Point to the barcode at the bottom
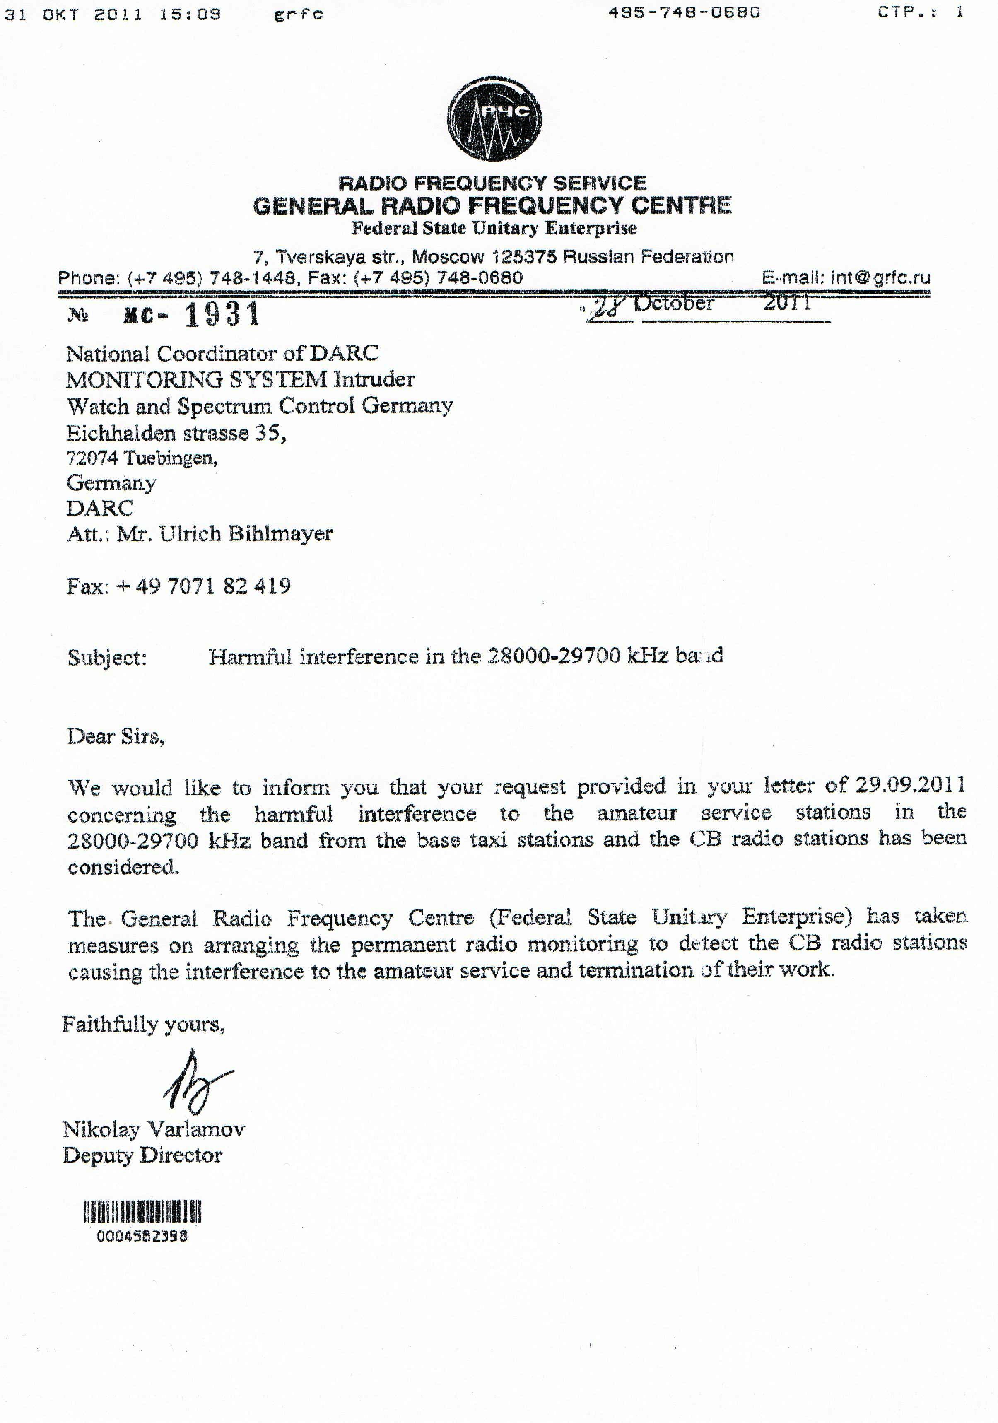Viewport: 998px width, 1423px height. pos(142,1212)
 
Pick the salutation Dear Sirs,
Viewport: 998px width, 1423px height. pos(115,737)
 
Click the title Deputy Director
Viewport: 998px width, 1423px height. pos(142,1156)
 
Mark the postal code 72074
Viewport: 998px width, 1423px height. pos(92,458)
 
